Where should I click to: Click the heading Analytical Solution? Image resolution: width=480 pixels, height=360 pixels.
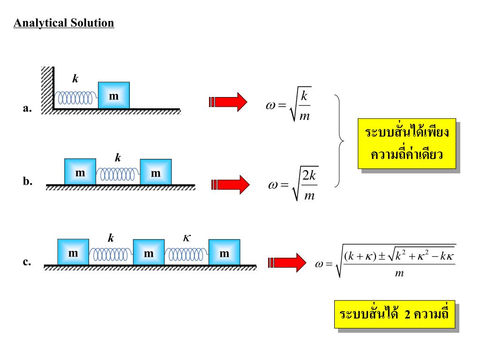(x=64, y=23)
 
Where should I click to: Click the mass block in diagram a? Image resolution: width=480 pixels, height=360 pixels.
(x=113, y=95)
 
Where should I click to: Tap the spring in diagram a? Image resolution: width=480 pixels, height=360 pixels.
(x=75, y=98)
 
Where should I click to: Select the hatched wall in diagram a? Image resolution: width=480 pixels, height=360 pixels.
(x=47, y=89)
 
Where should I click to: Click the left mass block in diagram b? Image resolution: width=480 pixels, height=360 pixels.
(x=80, y=172)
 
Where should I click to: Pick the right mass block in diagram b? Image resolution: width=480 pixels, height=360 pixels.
(x=156, y=172)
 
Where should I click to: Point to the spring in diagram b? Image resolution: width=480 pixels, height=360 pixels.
(x=118, y=175)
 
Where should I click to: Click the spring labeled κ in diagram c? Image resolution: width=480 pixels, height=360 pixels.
(x=186, y=255)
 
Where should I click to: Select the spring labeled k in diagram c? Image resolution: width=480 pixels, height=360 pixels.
(x=111, y=255)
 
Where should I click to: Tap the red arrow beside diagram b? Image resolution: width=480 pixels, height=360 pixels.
(x=231, y=184)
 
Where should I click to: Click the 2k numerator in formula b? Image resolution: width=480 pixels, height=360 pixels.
(x=310, y=176)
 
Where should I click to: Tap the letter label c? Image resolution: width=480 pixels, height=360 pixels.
(x=27, y=262)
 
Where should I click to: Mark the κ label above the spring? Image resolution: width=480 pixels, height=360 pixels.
(x=187, y=238)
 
